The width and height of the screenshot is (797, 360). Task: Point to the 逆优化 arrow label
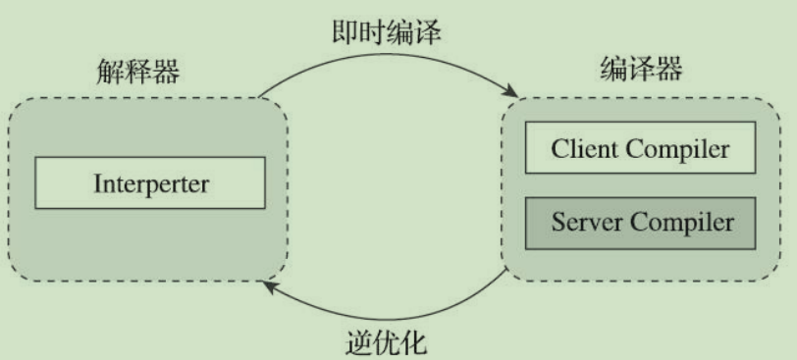pyautogui.click(x=388, y=343)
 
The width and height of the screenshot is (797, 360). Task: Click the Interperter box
pyautogui.click(x=150, y=182)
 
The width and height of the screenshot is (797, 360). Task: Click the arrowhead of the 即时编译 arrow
pyautogui.click(x=512, y=93)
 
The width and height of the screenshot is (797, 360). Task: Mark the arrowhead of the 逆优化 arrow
pyautogui.click(x=268, y=283)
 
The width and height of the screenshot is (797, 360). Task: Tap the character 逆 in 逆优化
pyautogui.click(x=360, y=343)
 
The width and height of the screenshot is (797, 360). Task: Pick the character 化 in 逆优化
pyautogui.click(x=415, y=343)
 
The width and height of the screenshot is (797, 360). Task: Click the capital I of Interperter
pyautogui.click(x=97, y=182)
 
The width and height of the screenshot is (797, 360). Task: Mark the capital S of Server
pyautogui.click(x=557, y=221)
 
